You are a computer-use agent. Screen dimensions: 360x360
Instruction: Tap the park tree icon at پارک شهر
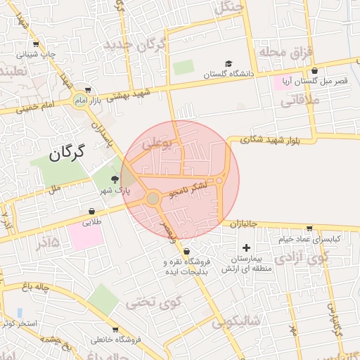(x=115, y=179)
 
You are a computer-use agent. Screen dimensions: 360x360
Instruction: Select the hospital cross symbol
(x=246, y=247)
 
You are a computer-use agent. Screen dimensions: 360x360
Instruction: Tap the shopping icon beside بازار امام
(x=87, y=90)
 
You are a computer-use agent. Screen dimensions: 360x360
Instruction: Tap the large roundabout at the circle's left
(x=153, y=200)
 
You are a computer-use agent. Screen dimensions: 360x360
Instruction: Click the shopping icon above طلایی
(x=92, y=211)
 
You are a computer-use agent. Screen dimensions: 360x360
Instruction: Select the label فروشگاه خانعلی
(x=116, y=340)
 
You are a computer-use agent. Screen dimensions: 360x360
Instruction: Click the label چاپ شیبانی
(x=41, y=54)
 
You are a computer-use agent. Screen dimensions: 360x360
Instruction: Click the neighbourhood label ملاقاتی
(x=300, y=101)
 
